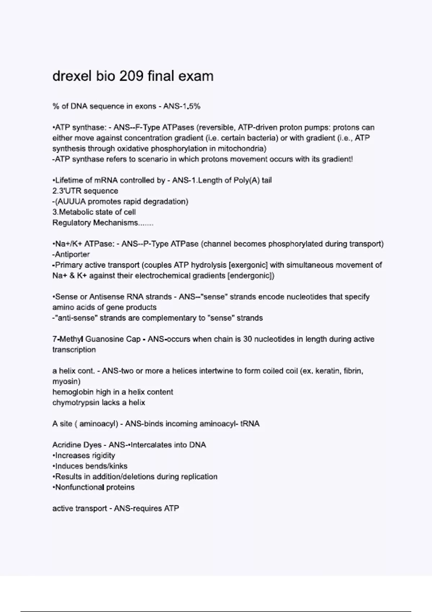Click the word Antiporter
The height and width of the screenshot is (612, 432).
click(x=72, y=255)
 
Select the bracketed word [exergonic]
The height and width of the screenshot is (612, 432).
click(x=248, y=265)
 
